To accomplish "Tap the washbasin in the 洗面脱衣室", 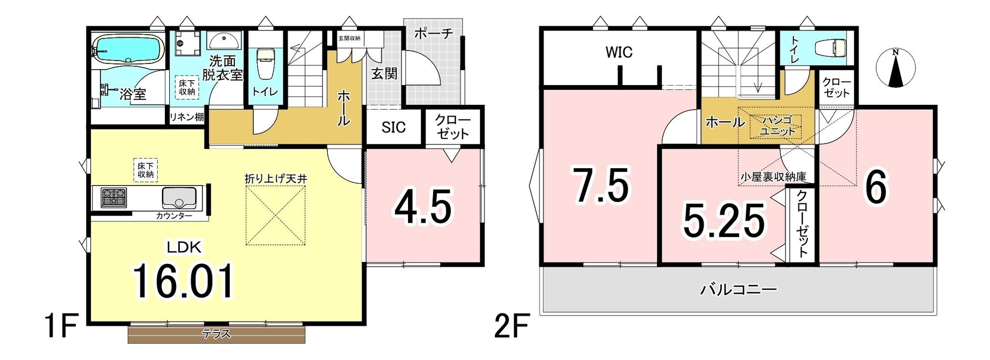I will click(225, 41).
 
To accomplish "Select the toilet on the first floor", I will click(265, 63).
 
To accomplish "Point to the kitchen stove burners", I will click(114, 198).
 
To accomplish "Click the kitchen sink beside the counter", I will click(178, 198).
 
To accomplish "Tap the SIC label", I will click(393, 127).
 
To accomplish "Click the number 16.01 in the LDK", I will click(184, 282).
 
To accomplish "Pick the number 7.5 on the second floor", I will click(601, 186).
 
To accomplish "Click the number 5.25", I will click(724, 221).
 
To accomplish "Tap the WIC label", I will click(619, 52).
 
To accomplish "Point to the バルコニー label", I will click(739, 290).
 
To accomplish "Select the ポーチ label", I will click(434, 34).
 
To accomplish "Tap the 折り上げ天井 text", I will click(276, 178).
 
